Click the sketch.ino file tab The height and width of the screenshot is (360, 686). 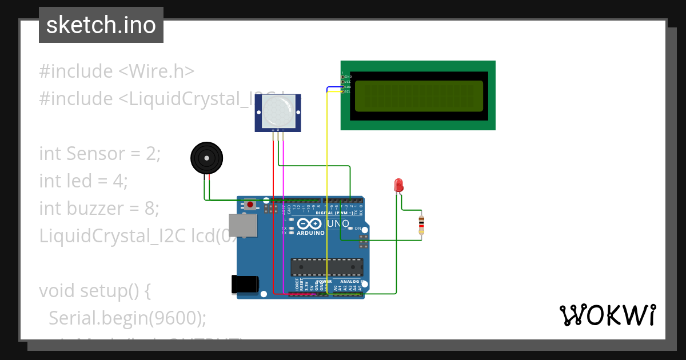tap(101, 25)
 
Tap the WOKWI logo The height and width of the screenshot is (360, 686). tap(607, 315)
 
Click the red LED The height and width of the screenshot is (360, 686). tap(398, 185)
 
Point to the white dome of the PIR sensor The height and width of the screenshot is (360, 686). tap(278, 111)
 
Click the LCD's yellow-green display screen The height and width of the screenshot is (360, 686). tap(418, 96)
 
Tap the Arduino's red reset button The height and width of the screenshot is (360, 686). tap(250, 204)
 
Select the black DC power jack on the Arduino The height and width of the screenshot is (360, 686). tap(244, 284)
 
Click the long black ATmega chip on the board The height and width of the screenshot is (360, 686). tap(326, 267)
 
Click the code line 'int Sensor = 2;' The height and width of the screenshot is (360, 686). tap(100, 154)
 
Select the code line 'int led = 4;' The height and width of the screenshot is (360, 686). tap(83, 181)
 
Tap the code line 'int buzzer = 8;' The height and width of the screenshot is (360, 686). tap(99, 209)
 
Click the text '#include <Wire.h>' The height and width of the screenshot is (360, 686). tap(117, 71)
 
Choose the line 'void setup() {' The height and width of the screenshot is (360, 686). tap(95, 291)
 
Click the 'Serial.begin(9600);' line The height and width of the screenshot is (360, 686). tap(127, 318)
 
